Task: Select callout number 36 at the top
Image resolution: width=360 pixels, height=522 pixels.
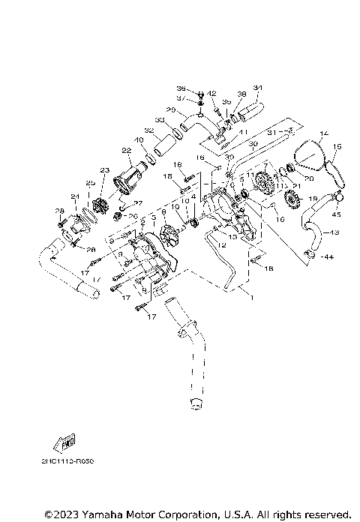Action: [x=181, y=88]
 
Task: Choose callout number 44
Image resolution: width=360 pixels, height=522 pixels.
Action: [x=328, y=256]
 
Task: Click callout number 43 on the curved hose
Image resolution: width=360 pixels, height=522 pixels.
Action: [x=334, y=233]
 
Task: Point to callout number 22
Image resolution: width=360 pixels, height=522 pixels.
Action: [x=127, y=151]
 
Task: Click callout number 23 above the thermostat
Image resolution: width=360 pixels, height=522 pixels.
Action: [x=104, y=170]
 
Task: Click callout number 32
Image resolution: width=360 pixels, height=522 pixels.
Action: [x=150, y=130]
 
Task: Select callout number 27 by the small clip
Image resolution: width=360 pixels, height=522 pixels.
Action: [x=138, y=203]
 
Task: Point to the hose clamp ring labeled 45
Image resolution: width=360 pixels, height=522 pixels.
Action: [x=338, y=198]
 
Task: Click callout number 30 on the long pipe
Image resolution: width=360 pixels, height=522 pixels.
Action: [x=253, y=143]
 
